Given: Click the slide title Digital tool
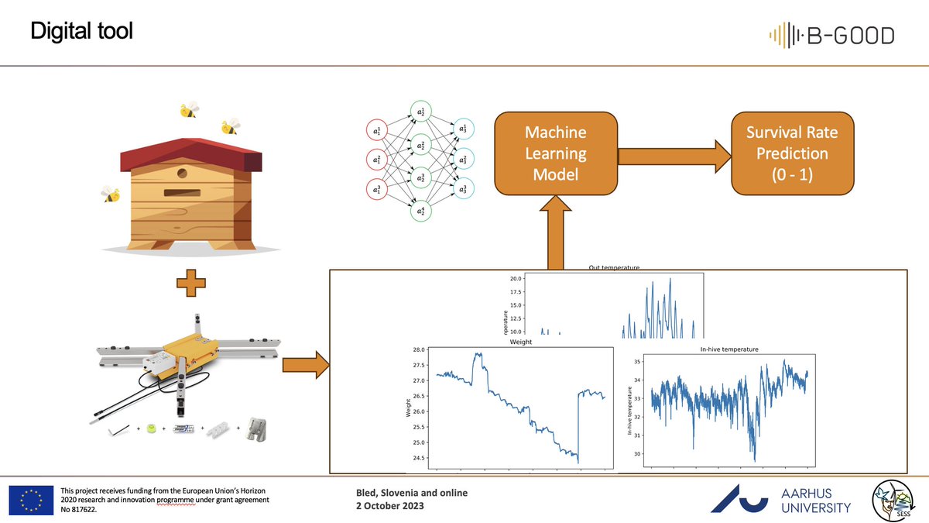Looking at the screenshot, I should [x=81, y=31].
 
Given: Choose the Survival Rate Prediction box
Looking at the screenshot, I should [x=791, y=153].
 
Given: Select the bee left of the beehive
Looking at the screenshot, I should [x=111, y=194].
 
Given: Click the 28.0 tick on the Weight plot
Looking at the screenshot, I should [x=416, y=349].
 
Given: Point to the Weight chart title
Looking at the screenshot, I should [x=517, y=341].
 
